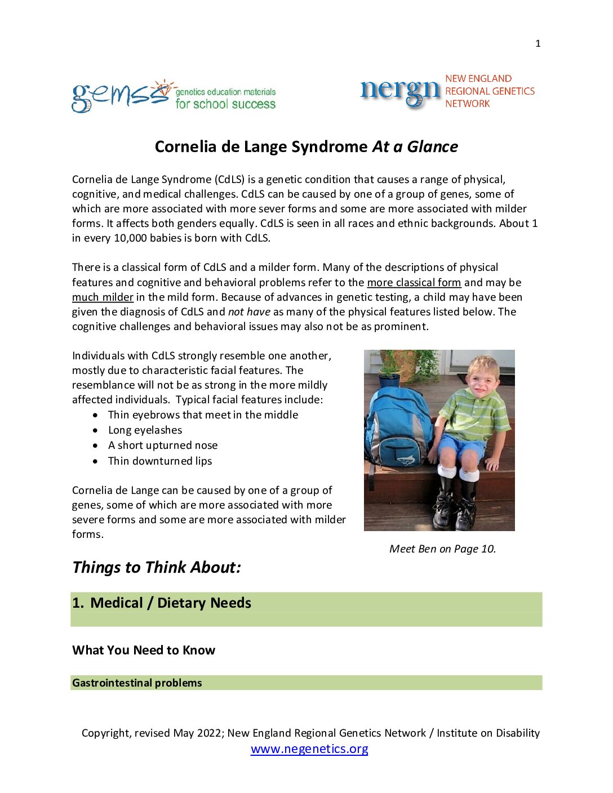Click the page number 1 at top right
tap(538, 43)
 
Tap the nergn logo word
tap(399, 91)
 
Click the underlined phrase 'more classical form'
tap(414, 282)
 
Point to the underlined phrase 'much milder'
tap(103, 297)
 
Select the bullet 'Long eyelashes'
tap(145, 430)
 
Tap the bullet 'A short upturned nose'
tap(163, 445)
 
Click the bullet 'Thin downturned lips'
tap(160, 461)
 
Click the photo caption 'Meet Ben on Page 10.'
tap(442, 549)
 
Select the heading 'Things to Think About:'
tap(157, 567)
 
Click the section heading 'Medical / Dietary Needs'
tap(170, 603)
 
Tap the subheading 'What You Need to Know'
tap(144, 651)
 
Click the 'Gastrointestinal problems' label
tap(137, 683)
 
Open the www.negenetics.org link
tap(309, 749)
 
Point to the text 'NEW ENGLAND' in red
tap(478, 79)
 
